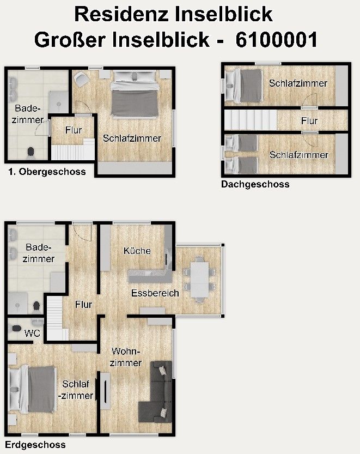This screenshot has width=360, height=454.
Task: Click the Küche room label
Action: [x=137, y=251]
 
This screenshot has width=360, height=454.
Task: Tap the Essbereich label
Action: [x=155, y=293]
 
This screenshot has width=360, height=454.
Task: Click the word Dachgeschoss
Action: [x=255, y=185]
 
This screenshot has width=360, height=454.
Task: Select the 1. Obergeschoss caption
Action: [x=47, y=172]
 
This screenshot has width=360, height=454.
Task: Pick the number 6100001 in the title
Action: [x=276, y=40]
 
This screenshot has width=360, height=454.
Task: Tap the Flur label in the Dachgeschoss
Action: [x=309, y=121]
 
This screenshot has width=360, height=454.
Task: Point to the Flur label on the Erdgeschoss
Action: [x=83, y=305]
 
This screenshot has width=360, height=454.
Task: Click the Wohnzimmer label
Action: [x=126, y=357]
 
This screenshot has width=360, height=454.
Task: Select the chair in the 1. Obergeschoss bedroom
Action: [x=82, y=80]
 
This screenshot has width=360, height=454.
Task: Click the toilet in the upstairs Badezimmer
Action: [x=30, y=150]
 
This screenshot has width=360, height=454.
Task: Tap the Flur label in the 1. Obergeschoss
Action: [x=73, y=130]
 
